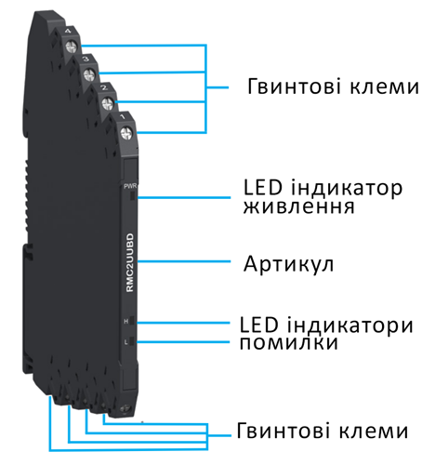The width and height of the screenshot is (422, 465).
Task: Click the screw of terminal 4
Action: tap(72, 47)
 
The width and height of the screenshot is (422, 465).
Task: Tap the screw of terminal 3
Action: tap(89, 74)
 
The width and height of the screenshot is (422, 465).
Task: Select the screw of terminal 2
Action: tap(108, 103)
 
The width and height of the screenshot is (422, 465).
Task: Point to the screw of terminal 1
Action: tap(125, 134)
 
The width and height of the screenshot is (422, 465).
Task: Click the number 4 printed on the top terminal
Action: tap(68, 31)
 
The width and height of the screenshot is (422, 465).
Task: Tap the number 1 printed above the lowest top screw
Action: tap(123, 116)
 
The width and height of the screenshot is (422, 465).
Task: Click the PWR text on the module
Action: tap(130, 186)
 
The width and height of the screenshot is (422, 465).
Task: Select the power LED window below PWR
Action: tap(133, 196)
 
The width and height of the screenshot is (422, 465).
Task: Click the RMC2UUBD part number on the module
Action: tap(130, 262)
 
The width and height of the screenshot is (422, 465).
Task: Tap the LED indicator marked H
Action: tap(132, 321)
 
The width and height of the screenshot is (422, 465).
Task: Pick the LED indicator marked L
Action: tap(132, 341)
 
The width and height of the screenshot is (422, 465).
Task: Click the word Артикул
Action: tap(288, 264)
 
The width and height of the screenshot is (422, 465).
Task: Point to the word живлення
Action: tap(298, 207)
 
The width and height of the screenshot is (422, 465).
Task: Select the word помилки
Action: tap(289, 343)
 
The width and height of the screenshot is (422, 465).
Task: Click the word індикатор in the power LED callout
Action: tap(347, 189)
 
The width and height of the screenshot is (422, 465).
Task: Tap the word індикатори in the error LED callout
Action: tap(350, 325)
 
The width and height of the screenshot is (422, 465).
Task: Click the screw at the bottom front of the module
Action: tap(125, 409)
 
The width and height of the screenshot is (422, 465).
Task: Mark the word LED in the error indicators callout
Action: tap(259, 325)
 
